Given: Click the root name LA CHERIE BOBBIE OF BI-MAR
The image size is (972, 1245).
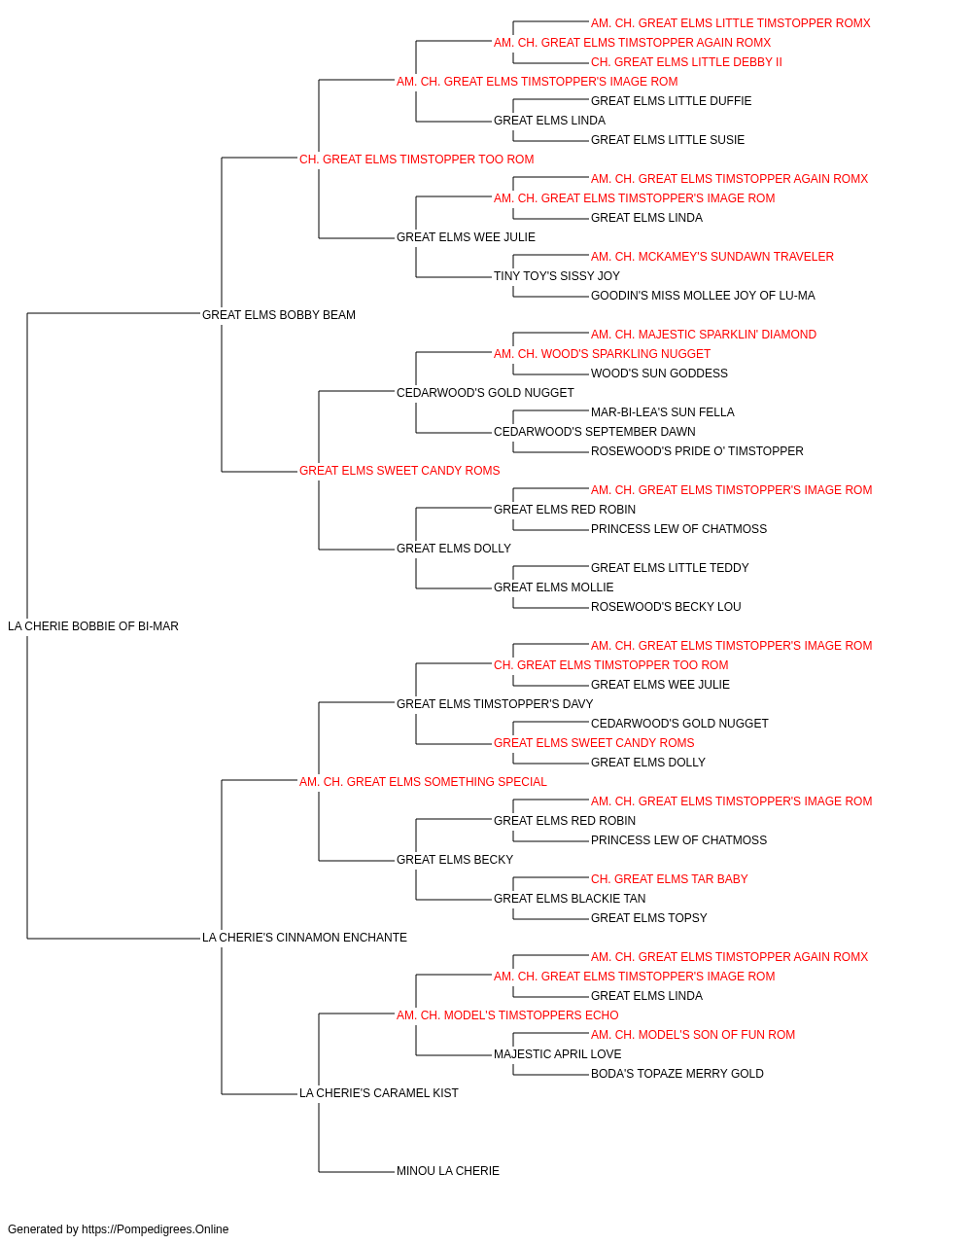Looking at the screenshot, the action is pyautogui.click(x=92, y=626).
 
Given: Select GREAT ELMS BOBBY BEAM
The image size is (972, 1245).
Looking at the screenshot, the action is pyautogui.click(x=279, y=315).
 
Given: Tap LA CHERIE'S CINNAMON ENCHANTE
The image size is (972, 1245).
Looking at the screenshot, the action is pyautogui.click(x=304, y=938).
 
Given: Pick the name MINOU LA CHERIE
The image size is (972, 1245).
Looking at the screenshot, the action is pyautogui.click(x=448, y=1170).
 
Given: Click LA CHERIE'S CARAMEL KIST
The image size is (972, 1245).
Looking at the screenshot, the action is pyautogui.click(x=379, y=1092).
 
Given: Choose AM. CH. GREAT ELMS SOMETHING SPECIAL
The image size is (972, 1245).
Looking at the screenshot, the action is pyautogui.click(x=423, y=781).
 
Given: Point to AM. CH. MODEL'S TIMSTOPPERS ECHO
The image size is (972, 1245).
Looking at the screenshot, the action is pyautogui.click(x=507, y=1015).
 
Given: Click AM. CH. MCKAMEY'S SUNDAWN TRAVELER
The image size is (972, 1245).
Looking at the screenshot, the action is pyautogui.click(x=712, y=257).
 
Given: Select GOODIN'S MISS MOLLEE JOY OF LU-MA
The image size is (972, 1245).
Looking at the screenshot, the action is pyautogui.click(x=703, y=296).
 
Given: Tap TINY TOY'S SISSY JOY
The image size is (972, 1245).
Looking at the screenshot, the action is pyautogui.click(x=557, y=276).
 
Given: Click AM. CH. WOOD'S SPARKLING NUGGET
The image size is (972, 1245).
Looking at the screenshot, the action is pyautogui.click(x=603, y=354).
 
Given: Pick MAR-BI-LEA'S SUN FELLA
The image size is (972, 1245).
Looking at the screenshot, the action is pyautogui.click(x=662, y=412).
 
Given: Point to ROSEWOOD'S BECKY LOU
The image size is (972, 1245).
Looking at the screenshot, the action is pyautogui.click(x=666, y=607).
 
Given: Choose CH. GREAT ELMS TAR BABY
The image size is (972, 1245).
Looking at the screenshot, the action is pyautogui.click(x=669, y=879).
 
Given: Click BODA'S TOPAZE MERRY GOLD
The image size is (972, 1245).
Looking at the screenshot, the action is pyautogui.click(x=677, y=1074).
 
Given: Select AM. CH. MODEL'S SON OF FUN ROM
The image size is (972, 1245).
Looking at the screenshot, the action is pyautogui.click(x=693, y=1035).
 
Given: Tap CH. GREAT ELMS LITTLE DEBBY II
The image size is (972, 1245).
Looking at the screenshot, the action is pyautogui.click(x=686, y=62).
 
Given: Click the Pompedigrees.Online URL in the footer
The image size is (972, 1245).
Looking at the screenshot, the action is pyautogui.click(x=156, y=1229).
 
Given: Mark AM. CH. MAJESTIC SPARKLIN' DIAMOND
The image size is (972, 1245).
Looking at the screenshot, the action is pyautogui.click(x=704, y=335).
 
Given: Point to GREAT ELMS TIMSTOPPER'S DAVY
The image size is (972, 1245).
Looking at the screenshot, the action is pyautogui.click(x=495, y=704).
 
